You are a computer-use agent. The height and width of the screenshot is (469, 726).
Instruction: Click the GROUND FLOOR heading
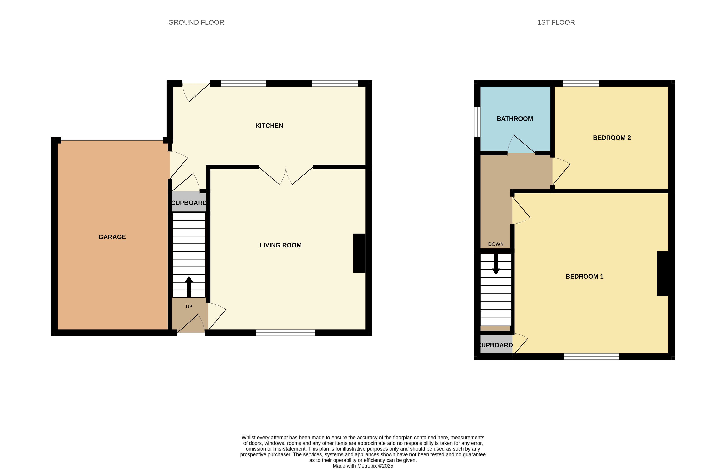pos(196,22)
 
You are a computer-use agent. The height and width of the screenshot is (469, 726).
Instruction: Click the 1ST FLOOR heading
pos(556,22)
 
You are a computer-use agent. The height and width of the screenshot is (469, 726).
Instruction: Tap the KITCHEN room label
pos(269,126)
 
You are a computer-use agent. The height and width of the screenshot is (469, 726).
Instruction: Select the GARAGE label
pos(112,237)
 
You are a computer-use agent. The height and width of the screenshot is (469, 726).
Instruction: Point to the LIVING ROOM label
pos(281,245)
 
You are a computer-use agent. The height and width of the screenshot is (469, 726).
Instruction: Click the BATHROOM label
pos(514,119)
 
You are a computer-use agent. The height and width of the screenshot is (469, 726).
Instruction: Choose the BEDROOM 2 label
pos(612,138)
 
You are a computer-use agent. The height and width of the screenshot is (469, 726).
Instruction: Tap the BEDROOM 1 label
pos(584,277)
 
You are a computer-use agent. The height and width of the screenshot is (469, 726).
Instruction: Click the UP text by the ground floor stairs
pos(189,307)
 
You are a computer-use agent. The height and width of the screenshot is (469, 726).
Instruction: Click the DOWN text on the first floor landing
pos(496,244)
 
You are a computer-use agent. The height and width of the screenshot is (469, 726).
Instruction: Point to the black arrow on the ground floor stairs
pos(189,286)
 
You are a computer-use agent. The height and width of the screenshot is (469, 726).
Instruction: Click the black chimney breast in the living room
pos(359,253)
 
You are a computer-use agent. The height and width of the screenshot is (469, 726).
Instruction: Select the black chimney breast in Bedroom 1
pos(662,273)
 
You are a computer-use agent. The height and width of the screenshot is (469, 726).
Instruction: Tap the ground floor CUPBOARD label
pos(189,203)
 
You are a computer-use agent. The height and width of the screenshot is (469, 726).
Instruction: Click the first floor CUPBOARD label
pos(496,345)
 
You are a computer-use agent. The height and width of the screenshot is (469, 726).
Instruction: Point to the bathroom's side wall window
pos(477,122)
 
